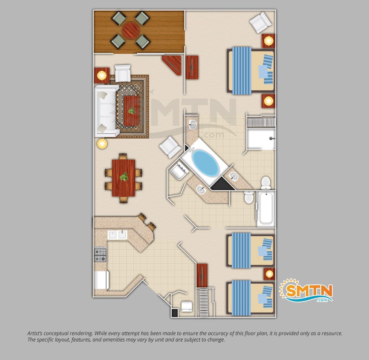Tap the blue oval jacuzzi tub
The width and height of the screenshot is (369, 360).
point(206,163)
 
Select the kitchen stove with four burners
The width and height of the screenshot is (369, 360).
point(100,255)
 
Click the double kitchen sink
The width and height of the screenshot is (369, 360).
point(117,235)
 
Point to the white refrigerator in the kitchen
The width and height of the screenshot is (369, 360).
point(101,280)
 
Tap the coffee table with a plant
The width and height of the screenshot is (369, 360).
point(131,111)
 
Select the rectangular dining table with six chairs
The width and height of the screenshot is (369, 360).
point(124,178)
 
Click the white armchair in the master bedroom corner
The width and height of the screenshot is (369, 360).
point(261,22)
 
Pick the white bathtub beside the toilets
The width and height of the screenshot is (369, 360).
point(266,209)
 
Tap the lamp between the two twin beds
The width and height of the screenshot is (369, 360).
point(269,274)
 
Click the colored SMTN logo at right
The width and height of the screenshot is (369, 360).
point(306,291)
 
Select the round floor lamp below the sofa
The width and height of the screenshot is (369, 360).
point(102,143)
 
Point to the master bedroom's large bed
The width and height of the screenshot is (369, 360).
point(251,70)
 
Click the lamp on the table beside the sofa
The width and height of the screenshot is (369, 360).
point(102,76)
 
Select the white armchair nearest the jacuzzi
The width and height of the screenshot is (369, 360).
point(170,147)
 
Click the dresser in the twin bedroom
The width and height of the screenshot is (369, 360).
point(202,275)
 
